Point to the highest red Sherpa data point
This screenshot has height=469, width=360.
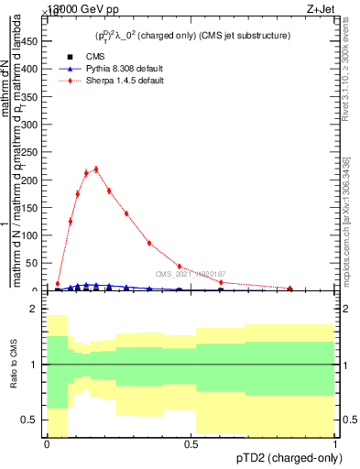tap(96, 169)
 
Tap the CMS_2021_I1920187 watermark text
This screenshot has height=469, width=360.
tap(191, 274)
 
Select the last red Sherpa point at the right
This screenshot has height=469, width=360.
tap(290, 289)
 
